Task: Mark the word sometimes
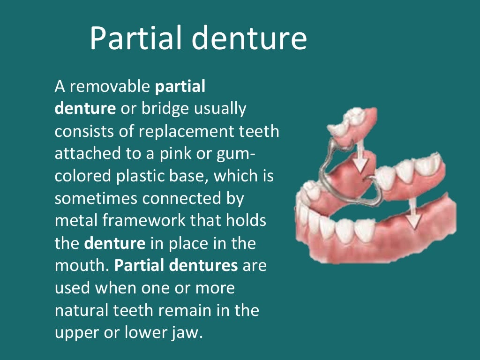coord(96,198)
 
